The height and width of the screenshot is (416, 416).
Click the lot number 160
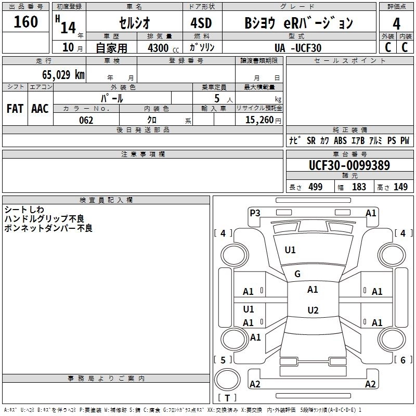pos(26,22)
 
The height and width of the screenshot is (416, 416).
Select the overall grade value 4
pos(396,23)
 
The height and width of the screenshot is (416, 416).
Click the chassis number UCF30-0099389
pos(349,165)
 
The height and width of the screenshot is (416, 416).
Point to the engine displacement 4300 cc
pos(158,48)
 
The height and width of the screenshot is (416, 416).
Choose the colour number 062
pos(86,120)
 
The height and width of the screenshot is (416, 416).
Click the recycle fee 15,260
pos(259,120)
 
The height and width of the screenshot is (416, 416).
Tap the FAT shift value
pos(15,109)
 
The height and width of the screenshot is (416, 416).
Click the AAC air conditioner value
pos(40,109)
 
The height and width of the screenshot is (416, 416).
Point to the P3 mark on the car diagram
pos(255,213)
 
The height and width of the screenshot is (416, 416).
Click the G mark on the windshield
pos(297,274)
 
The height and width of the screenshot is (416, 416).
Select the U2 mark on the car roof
pos(313,310)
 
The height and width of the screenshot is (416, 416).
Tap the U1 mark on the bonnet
pos(290,250)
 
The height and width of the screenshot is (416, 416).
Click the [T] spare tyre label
pos(227,398)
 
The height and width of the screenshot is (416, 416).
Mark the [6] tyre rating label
pos(403,360)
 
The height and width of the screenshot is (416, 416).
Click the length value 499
pos(315,187)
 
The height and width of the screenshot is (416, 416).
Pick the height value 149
pos(400,187)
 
